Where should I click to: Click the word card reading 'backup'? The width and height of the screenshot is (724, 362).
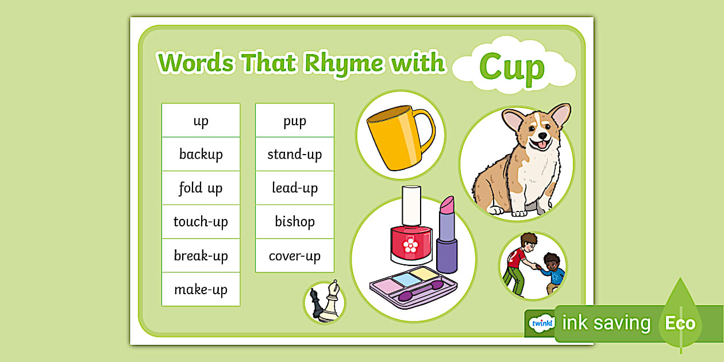tap(201, 154)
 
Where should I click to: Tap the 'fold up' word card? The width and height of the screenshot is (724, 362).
tap(201, 188)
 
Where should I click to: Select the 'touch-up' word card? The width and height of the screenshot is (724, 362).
tap(201, 222)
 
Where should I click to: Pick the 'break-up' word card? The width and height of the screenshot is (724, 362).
tap(201, 256)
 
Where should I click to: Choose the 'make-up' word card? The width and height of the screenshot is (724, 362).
tap(201, 289)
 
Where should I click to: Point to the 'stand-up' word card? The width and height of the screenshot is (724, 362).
tap(294, 154)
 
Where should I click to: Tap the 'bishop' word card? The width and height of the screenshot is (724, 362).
tap(294, 222)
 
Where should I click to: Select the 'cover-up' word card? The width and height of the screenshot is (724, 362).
tap(294, 256)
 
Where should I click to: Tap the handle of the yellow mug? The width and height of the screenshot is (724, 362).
tap(426, 129)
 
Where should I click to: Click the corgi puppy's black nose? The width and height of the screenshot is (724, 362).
tap(542, 136)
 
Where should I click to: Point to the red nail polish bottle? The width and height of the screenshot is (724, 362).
tap(411, 226)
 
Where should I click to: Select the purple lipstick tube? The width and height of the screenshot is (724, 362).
tap(447, 234)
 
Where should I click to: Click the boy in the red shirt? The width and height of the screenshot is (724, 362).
tap(518, 263)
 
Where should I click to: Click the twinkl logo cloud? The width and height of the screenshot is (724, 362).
tap(542, 323)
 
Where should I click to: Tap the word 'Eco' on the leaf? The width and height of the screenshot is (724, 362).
tap(680, 323)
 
